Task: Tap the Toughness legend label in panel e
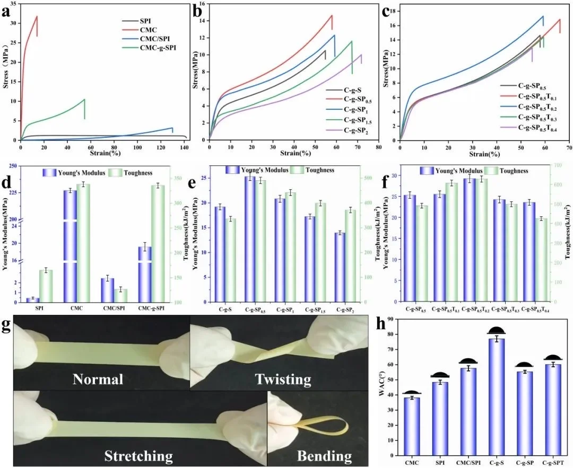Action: (x=319, y=170)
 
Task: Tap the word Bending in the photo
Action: (x=325, y=456)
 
